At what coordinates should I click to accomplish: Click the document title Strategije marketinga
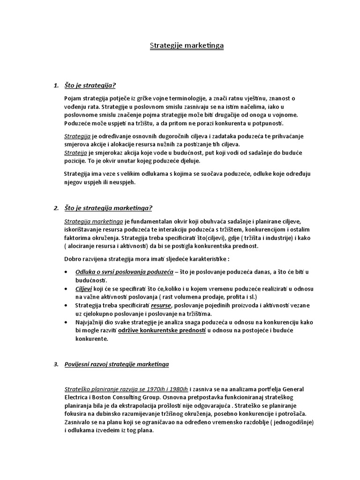(180, 45)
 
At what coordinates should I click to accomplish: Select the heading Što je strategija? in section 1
(90, 85)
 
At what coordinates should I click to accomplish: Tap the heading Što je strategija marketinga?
(108, 208)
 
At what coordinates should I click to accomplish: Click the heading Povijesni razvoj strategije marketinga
(117, 364)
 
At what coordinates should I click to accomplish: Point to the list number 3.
(56, 364)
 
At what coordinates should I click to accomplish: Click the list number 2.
(56, 208)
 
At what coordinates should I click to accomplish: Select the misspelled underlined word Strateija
(75, 152)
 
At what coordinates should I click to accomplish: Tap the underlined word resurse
(161, 305)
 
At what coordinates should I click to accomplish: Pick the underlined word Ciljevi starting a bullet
(83, 289)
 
